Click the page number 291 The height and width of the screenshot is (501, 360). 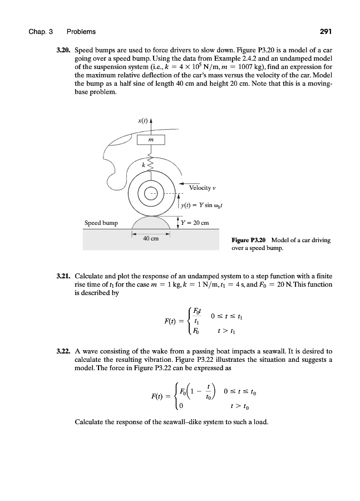(x=324, y=31)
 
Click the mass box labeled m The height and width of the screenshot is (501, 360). (x=151, y=140)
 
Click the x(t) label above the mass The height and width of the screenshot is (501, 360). (x=143, y=120)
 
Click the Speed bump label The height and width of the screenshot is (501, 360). (x=101, y=223)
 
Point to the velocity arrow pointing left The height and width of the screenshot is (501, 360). (x=189, y=181)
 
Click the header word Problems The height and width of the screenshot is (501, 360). (x=81, y=31)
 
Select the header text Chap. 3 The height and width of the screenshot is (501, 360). (x=42, y=31)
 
